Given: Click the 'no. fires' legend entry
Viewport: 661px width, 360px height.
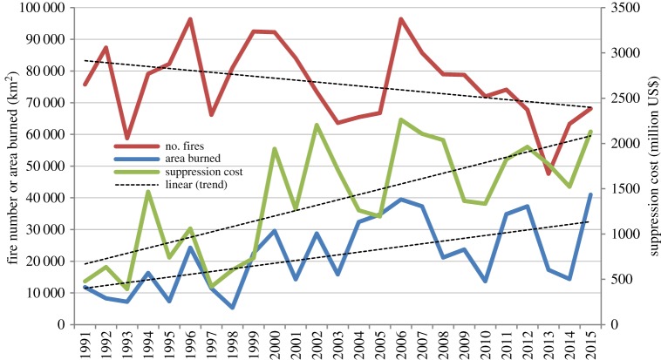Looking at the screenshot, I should click(191, 146).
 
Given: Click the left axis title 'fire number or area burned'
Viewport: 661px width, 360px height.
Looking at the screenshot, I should click(11, 166).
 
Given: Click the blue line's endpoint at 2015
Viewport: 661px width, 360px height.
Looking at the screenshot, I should click(589, 194).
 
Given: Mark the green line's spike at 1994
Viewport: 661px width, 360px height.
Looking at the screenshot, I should click(148, 192).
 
